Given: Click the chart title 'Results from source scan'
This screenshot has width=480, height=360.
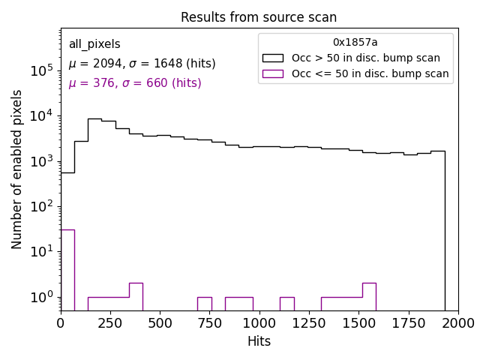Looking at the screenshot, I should click(259, 17).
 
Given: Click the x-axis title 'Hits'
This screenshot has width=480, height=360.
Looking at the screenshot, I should click(259, 341).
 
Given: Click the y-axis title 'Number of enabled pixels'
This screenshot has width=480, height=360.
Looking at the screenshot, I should click(17, 169).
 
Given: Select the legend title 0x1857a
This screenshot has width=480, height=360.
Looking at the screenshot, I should click(355, 43).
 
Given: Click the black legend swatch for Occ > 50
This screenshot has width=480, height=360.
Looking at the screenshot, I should click(272, 58).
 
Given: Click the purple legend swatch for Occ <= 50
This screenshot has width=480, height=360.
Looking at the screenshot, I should click(272, 73).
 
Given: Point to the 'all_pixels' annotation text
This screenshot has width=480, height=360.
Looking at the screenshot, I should click(94, 44).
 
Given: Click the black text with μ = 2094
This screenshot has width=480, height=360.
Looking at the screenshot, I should click(142, 64).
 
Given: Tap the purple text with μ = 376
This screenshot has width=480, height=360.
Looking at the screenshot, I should click(135, 83).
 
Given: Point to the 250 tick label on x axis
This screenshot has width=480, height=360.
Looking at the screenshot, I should click(110, 322).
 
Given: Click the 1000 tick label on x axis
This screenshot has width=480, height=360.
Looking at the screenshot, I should click(259, 322).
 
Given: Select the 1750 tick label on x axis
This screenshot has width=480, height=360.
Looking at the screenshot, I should click(409, 322).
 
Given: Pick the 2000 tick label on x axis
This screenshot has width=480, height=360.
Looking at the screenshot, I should click(457, 322).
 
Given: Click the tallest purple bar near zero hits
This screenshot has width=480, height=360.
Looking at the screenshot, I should click(67, 270).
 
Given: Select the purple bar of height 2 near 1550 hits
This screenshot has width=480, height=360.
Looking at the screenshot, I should click(369, 296).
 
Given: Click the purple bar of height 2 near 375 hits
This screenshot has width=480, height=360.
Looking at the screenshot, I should click(136, 296).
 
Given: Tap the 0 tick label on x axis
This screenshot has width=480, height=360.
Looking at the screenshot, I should click(61, 322).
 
